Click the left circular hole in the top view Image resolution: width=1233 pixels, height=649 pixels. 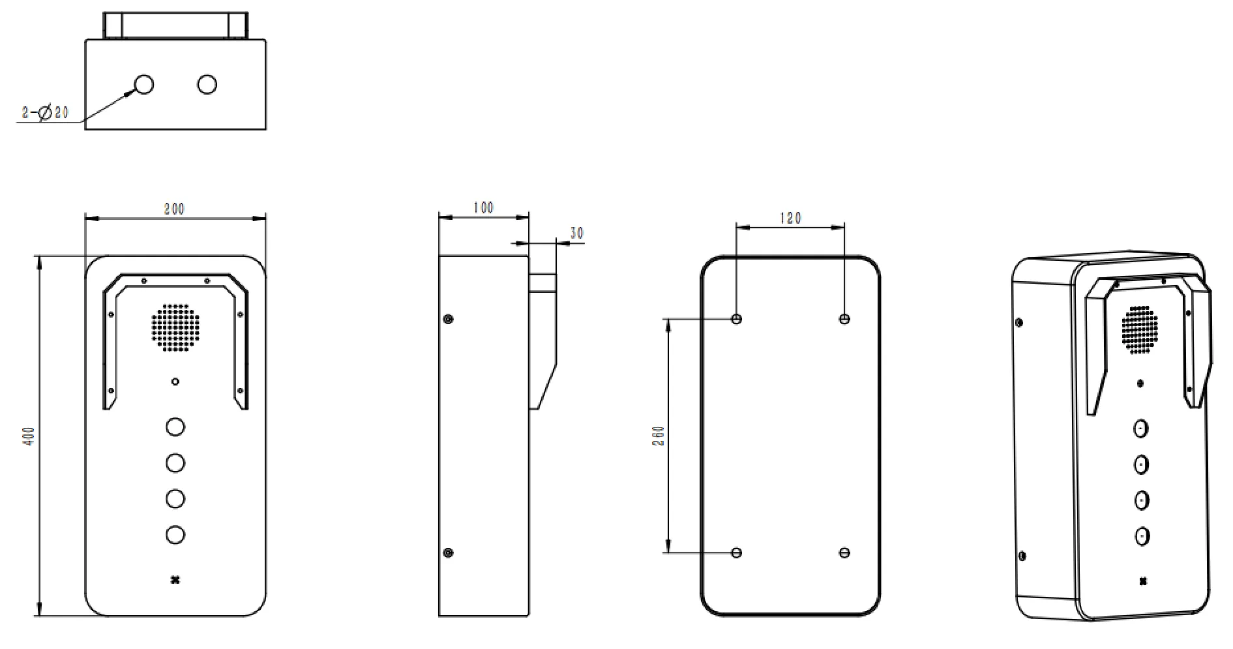pyautogui.click(x=143, y=84)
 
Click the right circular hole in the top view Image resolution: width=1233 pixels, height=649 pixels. pyautogui.click(x=207, y=84)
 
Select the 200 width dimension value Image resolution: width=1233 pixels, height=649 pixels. pyautogui.click(x=174, y=209)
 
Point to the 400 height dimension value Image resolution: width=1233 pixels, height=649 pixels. pyautogui.click(x=29, y=436)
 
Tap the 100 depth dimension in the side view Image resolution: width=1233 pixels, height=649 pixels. pyautogui.click(x=483, y=207)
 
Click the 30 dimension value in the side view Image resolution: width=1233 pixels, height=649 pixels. pyautogui.click(x=576, y=233)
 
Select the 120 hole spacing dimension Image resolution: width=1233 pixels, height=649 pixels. pyautogui.click(x=790, y=218)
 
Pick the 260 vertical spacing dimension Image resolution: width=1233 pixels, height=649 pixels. pyautogui.click(x=659, y=436)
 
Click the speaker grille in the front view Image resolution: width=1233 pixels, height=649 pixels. pyautogui.click(x=175, y=327)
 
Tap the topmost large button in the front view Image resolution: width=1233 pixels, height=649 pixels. pyautogui.click(x=175, y=427)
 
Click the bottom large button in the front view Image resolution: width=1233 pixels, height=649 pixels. pyautogui.click(x=175, y=535)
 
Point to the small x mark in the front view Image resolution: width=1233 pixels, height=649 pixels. pyautogui.click(x=175, y=580)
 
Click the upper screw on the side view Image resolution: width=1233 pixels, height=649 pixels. pyautogui.click(x=448, y=319)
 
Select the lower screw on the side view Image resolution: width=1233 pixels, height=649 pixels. pyautogui.click(x=448, y=552)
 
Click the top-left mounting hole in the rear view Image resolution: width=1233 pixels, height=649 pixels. pyautogui.click(x=737, y=319)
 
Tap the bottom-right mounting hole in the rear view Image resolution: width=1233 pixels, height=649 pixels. pyautogui.click(x=844, y=552)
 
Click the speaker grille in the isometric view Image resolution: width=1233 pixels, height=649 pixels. pyautogui.click(x=1140, y=330)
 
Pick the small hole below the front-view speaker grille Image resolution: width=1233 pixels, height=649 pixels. pyautogui.click(x=175, y=382)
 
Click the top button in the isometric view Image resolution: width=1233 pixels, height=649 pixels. pyautogui.click(x=1140, y=429)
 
